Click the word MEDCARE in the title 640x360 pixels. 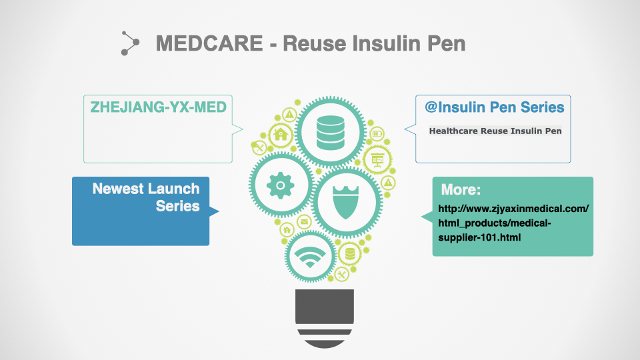point(209,43)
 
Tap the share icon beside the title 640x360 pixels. point(130,43)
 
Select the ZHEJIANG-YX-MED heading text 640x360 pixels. point(159,107)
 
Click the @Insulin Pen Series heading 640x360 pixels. point(494,107)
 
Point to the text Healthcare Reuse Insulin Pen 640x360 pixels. point(495,131)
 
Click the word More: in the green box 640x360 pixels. point(461,189)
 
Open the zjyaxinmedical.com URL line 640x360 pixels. point(513,209)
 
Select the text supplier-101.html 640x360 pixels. point(479,237)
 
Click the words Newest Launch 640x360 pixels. point(146,189)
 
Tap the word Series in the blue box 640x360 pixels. point(177,206)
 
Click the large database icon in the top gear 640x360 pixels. point(330,132)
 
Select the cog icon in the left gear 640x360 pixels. point(281,185)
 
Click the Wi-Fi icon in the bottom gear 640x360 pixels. point(310,257)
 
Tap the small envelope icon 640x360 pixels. point(304,222)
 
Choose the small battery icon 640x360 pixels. point(377,133)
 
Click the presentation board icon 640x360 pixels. point(377,159)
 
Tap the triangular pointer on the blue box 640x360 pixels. point(214,211)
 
